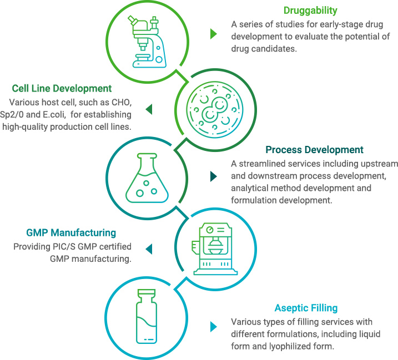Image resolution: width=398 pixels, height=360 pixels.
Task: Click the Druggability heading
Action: pyautogui.click(x=310, y=11)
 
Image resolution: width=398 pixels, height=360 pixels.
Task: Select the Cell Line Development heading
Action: pyautogui.click(x=62, y=88)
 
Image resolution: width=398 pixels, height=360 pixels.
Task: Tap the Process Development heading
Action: pyautogui.click(x=314, y=150)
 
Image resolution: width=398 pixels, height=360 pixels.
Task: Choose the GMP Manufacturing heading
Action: pyautogui.click(x=71, y=233)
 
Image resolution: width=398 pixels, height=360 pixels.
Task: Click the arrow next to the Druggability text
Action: pyautogui.click(x=213, y=34)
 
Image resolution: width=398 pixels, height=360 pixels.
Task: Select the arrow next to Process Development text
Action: pyautogui.click(x=213, y=177)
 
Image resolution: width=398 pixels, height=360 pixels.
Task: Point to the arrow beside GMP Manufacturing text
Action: pyautogui.click(x=148, y=247)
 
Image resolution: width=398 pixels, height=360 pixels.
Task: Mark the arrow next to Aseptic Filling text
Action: pyautogui.click(x=213, y=327)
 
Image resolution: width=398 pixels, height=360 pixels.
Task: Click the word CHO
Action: pyautogui.click(x=120, y=102)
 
